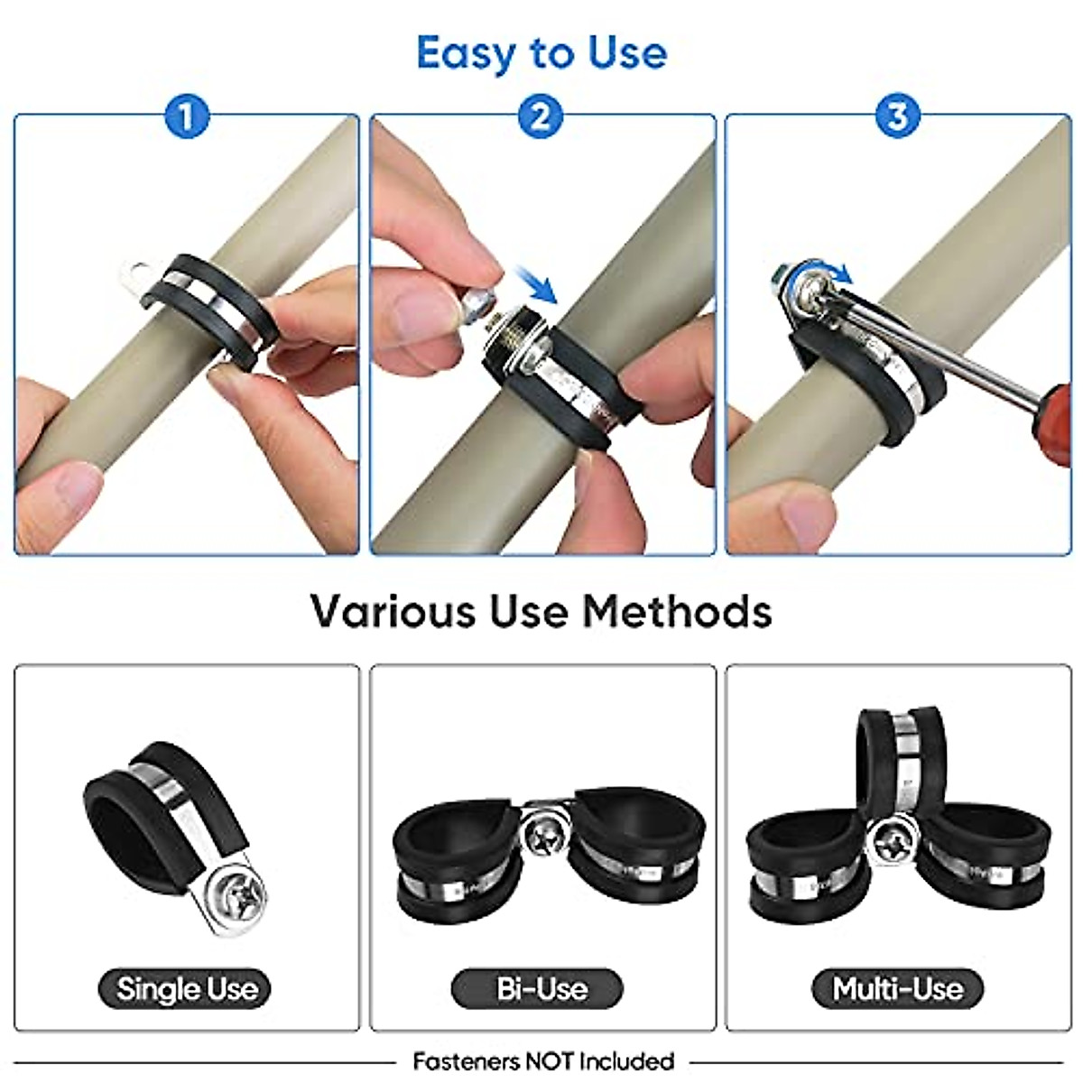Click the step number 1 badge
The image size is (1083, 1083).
click(186, 116)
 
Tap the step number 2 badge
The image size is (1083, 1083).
click(540, 116)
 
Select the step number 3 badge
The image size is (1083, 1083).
click(896, 116)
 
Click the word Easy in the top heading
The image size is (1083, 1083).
click(466, 53)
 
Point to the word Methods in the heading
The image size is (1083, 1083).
click(677, 612)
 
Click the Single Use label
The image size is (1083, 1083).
click(187, 989)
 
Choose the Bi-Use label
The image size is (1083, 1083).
click(541, 989)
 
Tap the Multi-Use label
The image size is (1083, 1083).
click(897, 989)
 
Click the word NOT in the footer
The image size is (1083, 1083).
click(547, 1060)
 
